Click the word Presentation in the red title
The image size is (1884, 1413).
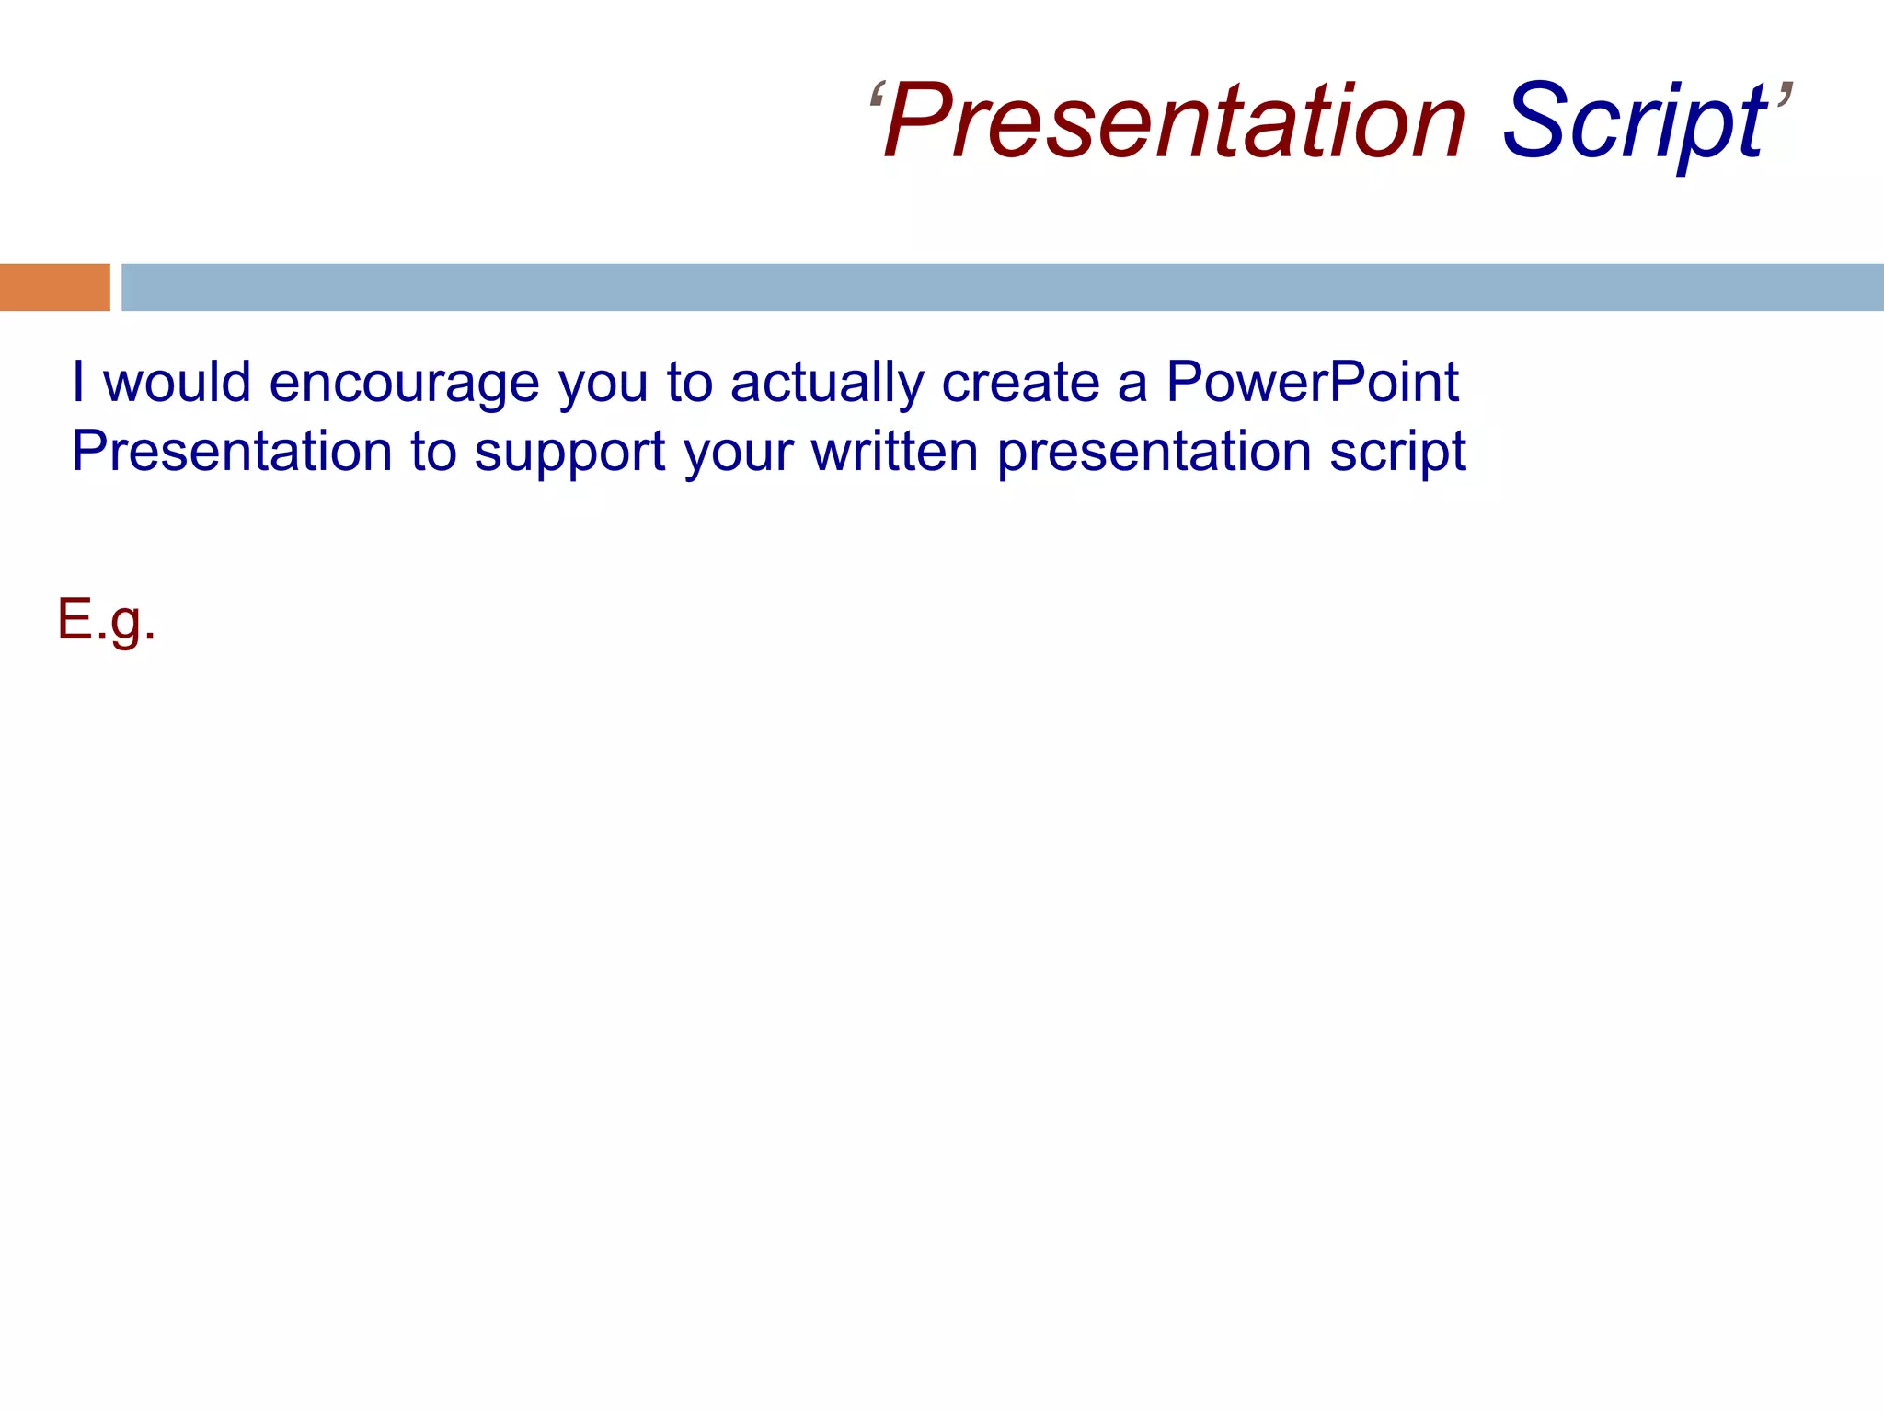[x=1174, y=121]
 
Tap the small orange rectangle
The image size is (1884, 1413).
[x=54, y=287]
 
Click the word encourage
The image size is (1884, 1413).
[x=404, y=383]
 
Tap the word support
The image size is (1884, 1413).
[x=569, y=453]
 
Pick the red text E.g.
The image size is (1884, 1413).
[x=107, y=620]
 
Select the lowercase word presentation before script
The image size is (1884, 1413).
[x=1154, y=453]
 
